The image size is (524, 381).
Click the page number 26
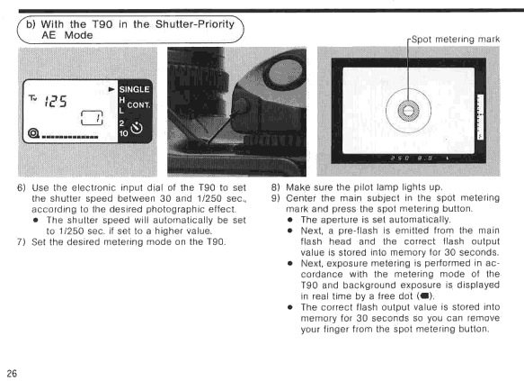pyautogui.click(x=12, y=373)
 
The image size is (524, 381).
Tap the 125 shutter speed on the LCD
pyautogui.click(x=56, y=101)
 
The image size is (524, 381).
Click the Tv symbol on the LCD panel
pyautogui.click(x=32, y=98)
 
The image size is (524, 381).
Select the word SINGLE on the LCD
pyautogui.click(x=134, y=89)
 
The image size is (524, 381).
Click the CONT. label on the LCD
pyautogui.click(x=138, y=105)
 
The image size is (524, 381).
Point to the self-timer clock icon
pyautogui.click(x=137, y=128)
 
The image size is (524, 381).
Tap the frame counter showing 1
pyautogui.click(x=92, y=118)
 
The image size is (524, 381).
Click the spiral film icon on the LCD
pyautogui.click(x=33, y=133)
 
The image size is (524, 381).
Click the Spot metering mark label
pyautogui.click(x=456, y=40)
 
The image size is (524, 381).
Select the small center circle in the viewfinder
pyautogui.click(x=408, y=111)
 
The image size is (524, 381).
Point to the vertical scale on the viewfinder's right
pyautogui.click(x=480, y=117)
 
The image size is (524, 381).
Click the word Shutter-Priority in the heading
pyautogui.click(x=195, y=24)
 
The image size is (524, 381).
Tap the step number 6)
pyautogui.click(x=22, y=187)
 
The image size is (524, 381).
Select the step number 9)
pyautogui.click(x=275, y=198)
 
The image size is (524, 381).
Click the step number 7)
pyautogui.click(x=22, y=241)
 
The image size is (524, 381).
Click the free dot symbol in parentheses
pyautogui.click(x=425, y=296)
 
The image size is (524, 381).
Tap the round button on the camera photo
pyautogui.click(x=241, y=106)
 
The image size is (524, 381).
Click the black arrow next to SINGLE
pyautogui.click(x=112, y=89)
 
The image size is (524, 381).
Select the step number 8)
pyautogui.click(x=275, y=187)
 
